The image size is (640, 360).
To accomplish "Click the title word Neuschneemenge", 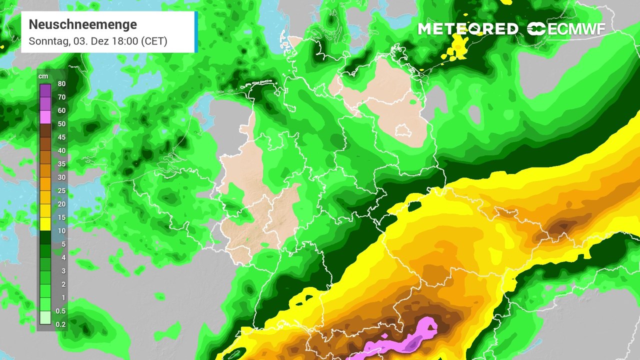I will (x=82, y=24).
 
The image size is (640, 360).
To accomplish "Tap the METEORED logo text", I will (x=468, y=29).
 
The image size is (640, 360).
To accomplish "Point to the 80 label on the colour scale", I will (x=61, y=83).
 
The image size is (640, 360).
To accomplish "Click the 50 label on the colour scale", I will (x=61, y=124).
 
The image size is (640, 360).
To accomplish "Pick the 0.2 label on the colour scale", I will (x=60, y=324).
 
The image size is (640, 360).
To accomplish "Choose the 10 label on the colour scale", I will (x=61, y=231).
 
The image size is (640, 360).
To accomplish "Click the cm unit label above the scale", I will (x=44, y=76).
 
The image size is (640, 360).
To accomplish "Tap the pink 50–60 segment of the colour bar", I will (x=45, y=117).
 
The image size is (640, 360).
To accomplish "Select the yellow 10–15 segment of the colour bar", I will (x=45, y=224).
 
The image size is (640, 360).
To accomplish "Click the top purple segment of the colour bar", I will (x=45, y=90).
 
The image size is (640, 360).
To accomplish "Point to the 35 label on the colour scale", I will (x=61, y=164).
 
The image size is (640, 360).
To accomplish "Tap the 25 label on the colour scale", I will (x=61, y=191).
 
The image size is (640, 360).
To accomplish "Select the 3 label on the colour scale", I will (x=61, y=271).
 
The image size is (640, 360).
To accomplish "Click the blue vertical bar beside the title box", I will (x=196, y=32).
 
